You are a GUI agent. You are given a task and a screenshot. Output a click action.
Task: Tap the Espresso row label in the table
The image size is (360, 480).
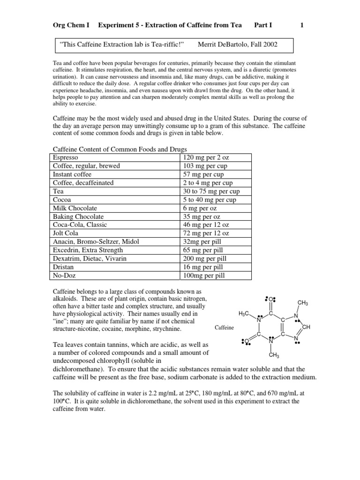pos(66,157)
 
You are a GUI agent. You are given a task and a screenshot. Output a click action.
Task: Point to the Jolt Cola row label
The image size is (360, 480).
pos(66,233)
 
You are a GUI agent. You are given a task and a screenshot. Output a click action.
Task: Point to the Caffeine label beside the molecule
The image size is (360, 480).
pos(224,328)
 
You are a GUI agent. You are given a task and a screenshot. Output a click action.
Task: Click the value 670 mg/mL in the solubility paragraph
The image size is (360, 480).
pos(286,393)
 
